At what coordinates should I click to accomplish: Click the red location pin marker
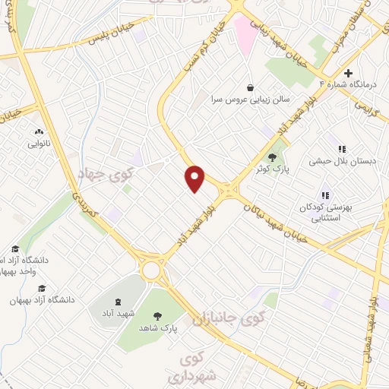195,179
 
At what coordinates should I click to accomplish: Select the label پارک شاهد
158,328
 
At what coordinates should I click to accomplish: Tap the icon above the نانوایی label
39,131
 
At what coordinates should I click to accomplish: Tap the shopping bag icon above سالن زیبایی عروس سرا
250,87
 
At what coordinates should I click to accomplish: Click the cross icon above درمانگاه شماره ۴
348,74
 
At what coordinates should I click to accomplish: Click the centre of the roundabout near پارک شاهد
151,270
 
